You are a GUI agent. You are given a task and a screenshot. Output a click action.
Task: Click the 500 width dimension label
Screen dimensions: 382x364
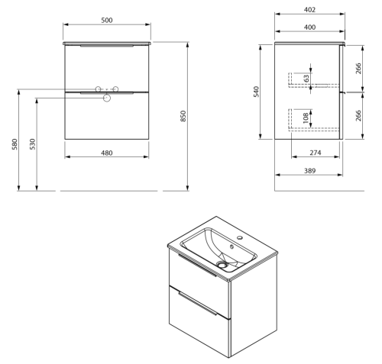click(x=107, y=20)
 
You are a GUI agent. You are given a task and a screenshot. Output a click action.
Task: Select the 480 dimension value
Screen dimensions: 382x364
click(x=107, y=153)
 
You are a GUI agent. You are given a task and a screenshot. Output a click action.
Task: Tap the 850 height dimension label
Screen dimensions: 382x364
click(x=183, y=116)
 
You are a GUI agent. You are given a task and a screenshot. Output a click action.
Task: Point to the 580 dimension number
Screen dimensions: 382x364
click(x=15, y=144)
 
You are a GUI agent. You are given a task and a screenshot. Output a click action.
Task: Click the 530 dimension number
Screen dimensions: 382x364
click(x=33, y=144)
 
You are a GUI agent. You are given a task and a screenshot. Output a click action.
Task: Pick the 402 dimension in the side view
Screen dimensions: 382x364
click(x=309, y=10)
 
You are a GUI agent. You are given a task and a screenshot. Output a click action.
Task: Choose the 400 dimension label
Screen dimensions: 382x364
click(x=309, y=27)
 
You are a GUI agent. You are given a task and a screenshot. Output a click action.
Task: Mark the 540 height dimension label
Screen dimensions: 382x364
click(x=256, y=92)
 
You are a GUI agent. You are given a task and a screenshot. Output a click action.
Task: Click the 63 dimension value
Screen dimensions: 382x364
click(x=306, y=78)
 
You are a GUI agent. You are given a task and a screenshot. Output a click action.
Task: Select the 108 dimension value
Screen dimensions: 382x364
click(x=306, y=118)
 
